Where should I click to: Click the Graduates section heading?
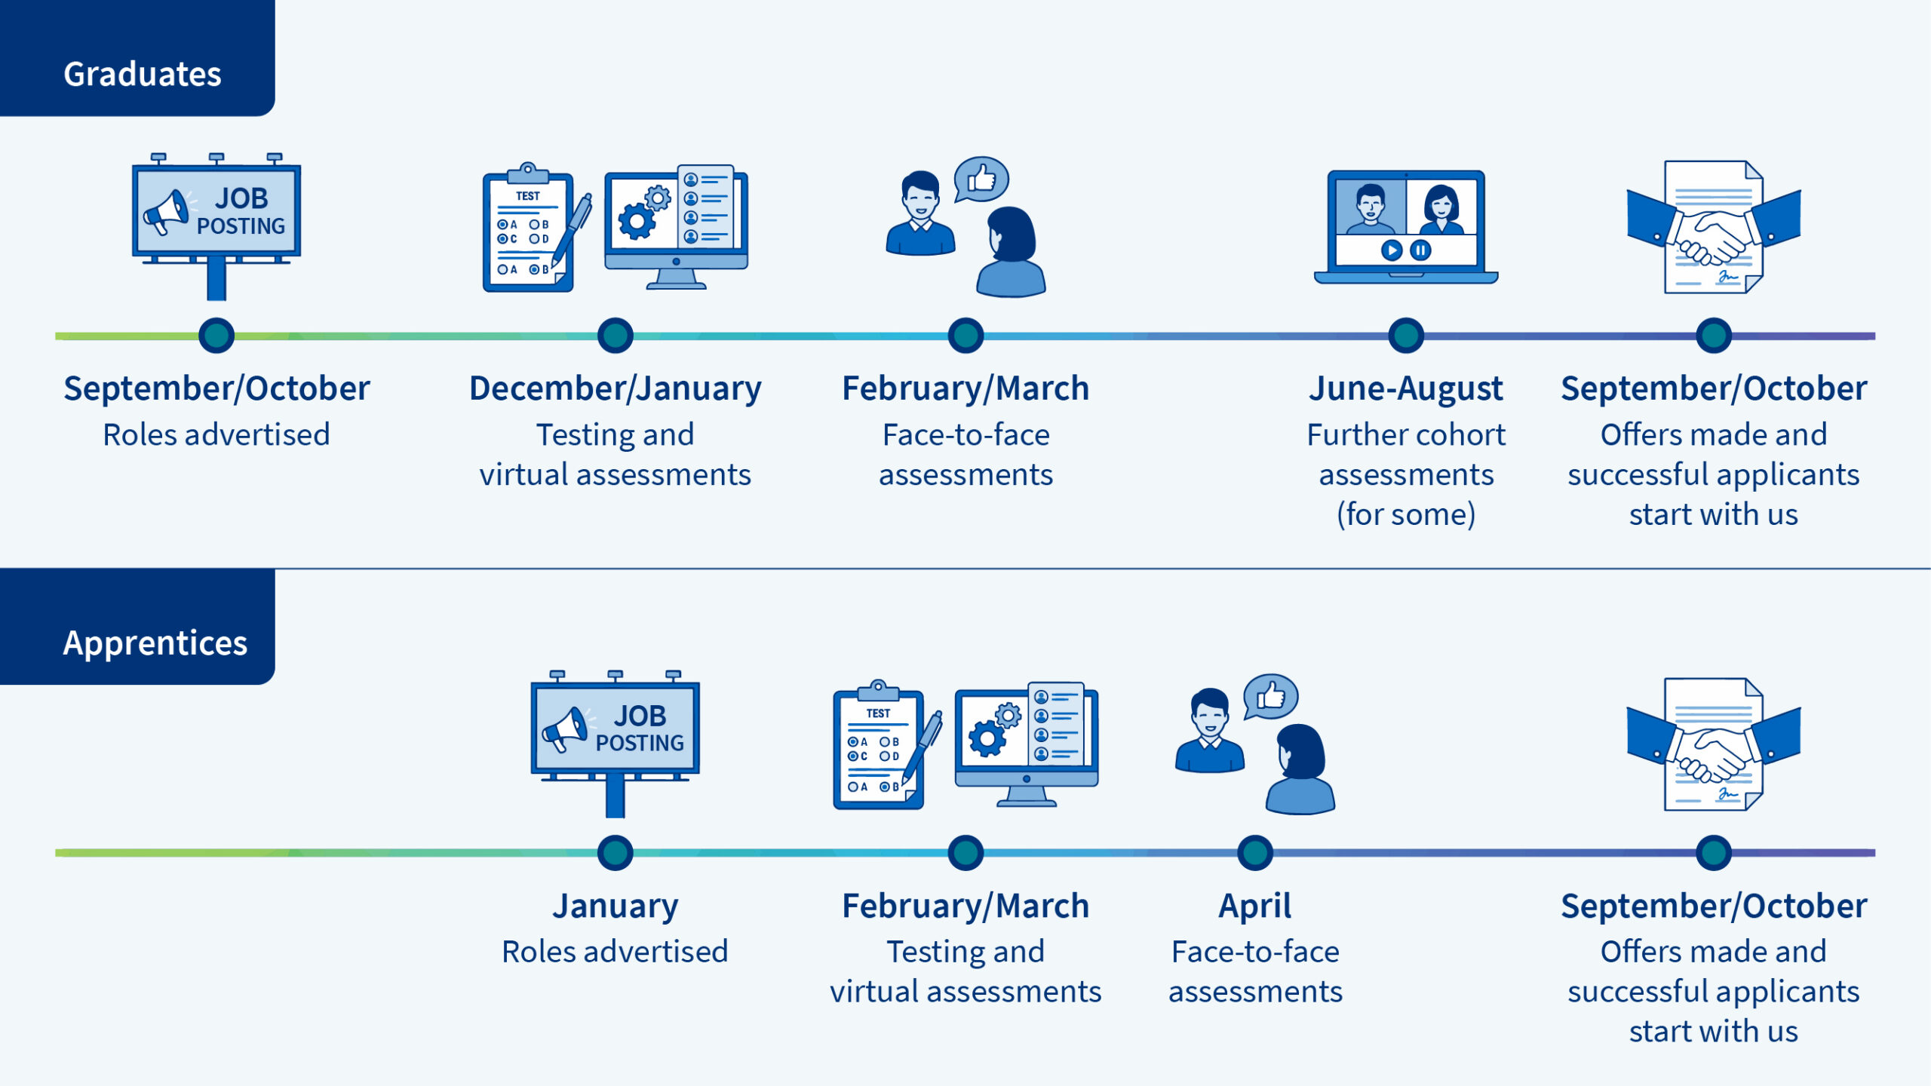(x=142, y=74)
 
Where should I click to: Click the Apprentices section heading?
(x=155, y=643)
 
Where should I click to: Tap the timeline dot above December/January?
(x=615, y=336)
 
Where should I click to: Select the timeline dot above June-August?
(x=1405, y=336)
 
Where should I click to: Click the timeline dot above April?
(x=1254, y=853)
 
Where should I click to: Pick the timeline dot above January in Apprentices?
(x=615, y=853)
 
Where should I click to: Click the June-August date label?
(x=1405, y=388)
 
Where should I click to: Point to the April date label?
(x=1254, y=906)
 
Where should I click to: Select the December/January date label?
(x=615, y=388)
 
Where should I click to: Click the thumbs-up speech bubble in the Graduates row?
(x=981, y=179)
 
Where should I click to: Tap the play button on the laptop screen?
(x=1392, y=250)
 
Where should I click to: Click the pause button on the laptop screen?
(x=1420, y=250)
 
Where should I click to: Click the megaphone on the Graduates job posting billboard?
(x=167, y=212)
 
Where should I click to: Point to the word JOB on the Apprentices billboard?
(x=640, y=715)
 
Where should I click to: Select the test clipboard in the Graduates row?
(x=528, y=230)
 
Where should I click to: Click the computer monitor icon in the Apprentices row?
(x=1026, y=743)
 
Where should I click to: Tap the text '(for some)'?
(x=1405, y=514)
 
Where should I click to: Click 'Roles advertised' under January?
(x=615, y=952)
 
